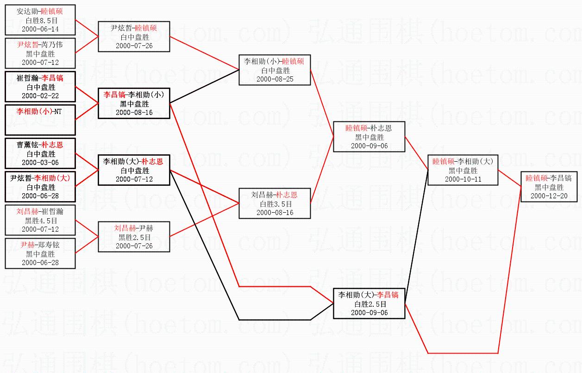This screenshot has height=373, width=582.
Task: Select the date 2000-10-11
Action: (462, 179)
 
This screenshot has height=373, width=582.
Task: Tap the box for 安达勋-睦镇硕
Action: (40, 20)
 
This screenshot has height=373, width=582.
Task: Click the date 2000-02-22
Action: (40, 95)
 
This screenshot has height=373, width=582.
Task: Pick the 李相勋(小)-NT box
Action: (40, 120)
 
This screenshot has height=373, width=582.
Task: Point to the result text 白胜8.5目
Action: (40, 20)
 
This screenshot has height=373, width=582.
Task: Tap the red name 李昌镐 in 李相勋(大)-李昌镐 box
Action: (388, 295)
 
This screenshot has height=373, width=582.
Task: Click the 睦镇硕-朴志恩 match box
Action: (369, 137)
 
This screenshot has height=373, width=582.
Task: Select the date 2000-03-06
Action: (40, 162)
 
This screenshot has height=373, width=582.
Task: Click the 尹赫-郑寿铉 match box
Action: (40, 253)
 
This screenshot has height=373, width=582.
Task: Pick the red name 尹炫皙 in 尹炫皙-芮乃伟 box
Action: (28, 45)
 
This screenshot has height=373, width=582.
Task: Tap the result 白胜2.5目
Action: (369, 304)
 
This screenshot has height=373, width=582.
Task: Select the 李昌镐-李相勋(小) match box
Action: (134, 103)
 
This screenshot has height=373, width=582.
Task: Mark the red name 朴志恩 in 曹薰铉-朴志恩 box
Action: (52, 145)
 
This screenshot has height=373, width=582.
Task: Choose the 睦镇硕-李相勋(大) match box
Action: (462, 170)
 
